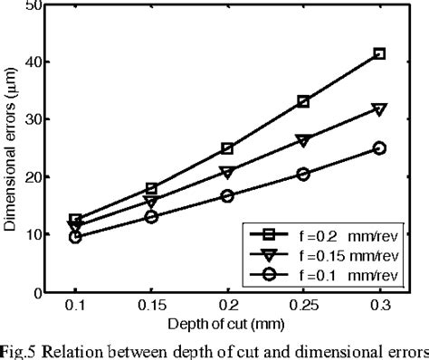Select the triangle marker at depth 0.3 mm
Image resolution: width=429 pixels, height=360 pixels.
click(379, 109)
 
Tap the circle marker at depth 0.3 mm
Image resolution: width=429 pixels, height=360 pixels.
click(379, 148)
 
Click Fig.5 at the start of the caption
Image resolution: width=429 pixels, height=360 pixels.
click(19, 347)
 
